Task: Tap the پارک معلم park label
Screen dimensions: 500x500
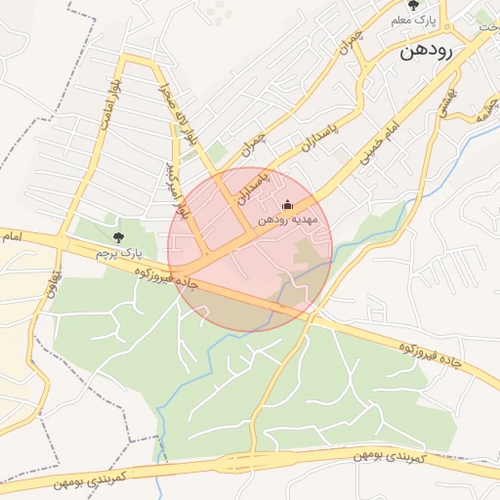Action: [x=411, y=21]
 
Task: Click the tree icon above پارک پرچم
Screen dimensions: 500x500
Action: [x=119, y=237]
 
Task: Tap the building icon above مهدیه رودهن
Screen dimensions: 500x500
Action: [x=287, y=205]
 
